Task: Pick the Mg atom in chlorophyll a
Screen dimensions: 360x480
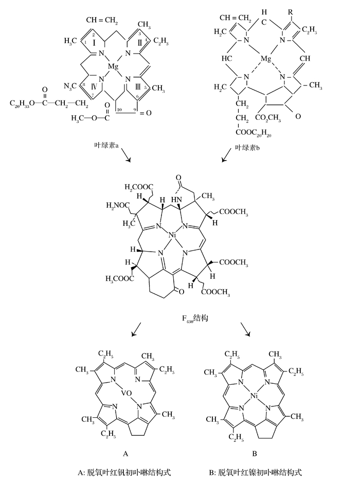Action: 114,66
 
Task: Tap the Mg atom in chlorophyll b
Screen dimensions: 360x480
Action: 265,60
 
